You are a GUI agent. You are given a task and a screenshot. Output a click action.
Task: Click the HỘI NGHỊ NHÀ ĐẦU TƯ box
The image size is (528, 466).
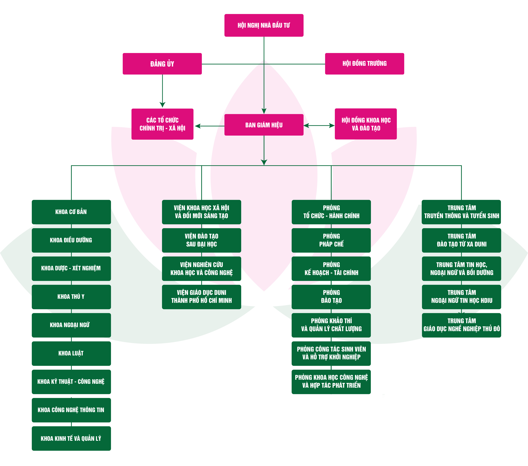264,25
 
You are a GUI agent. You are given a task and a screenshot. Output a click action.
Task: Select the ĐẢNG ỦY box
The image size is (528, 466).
162,64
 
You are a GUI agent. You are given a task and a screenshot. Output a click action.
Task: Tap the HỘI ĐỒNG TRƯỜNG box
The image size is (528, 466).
365,64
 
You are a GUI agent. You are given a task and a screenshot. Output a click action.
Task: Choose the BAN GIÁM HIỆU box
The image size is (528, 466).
264,125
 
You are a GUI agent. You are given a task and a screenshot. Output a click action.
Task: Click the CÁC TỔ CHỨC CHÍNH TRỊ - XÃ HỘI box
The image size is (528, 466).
162,124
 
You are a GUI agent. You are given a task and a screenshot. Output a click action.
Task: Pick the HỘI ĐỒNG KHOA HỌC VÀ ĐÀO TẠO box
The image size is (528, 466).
366,124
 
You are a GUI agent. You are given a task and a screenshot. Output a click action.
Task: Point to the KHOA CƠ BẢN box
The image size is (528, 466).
71,212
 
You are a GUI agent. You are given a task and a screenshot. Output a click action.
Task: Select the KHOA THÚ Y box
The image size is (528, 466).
71,297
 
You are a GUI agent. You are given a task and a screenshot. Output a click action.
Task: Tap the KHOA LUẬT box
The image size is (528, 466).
71,353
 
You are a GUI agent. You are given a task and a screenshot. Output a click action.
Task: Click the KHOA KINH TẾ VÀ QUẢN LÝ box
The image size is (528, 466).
71,438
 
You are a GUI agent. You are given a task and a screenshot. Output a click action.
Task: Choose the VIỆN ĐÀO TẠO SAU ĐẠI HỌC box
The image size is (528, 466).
202,240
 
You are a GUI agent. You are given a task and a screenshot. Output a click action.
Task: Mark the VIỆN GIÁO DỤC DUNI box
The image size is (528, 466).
202,297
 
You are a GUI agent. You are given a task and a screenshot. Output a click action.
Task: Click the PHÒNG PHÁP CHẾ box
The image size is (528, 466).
331,240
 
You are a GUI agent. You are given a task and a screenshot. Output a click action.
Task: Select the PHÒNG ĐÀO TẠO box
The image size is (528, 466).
331,297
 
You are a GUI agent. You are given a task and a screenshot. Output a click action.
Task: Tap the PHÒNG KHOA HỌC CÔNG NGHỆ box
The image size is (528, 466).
331,382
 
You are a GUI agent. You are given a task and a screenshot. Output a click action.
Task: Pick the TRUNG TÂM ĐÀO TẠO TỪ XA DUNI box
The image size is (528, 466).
461,240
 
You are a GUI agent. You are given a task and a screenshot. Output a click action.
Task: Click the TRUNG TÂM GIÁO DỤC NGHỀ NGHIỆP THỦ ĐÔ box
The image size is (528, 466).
461,325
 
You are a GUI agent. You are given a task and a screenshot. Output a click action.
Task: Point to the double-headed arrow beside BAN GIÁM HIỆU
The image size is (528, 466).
319,126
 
